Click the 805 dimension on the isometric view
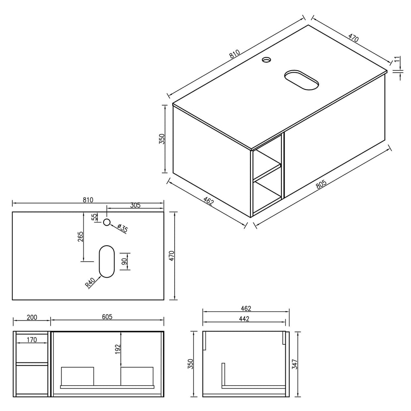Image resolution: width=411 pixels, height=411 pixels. [x=321, y=184]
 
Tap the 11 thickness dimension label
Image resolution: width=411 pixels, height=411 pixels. [x=397, y=59]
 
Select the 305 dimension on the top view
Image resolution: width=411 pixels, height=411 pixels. [x=135, y=205]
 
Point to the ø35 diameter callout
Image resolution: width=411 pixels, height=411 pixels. [x=122, y=228]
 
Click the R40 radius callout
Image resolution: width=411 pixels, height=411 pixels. [x=90, y=283]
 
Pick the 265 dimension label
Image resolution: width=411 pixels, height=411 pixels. [x=80, y=236]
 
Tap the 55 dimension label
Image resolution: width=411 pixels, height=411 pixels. [x=94, y=217]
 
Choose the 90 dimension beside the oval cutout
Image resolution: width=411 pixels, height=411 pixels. [x=124, y=261]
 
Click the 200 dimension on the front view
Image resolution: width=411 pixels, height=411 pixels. [x=32, y=317]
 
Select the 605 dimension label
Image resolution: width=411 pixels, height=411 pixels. [x=107, y=317]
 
